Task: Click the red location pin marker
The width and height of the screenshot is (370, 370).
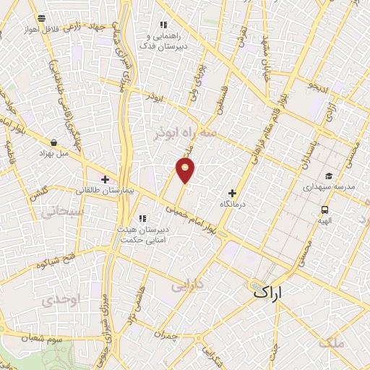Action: [x=186, y=171]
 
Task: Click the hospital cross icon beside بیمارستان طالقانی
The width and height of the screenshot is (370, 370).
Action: [x=105, y=178]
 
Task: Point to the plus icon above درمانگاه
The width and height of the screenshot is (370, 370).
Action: [x=232, y=193]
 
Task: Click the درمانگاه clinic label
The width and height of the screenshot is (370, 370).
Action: [x=233, y=205]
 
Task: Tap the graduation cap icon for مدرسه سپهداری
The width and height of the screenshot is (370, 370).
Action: [x=329, y=176]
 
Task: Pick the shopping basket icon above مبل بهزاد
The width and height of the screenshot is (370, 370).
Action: [x=54, y=142]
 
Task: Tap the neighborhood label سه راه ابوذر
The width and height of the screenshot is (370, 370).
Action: [x=186, y=133]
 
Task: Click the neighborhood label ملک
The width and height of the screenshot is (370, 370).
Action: [x=333, y=343]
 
